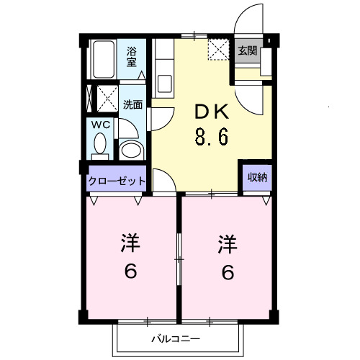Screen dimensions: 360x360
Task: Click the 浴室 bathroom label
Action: pos(132,56)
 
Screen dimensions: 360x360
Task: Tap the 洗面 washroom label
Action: pos(132,104)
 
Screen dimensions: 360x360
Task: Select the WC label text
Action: pos(100,125)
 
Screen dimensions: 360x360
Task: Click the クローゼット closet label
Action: pos(117,181)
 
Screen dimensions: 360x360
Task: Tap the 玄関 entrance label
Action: pos(247,50)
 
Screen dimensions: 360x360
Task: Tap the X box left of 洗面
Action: pos(107,96)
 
